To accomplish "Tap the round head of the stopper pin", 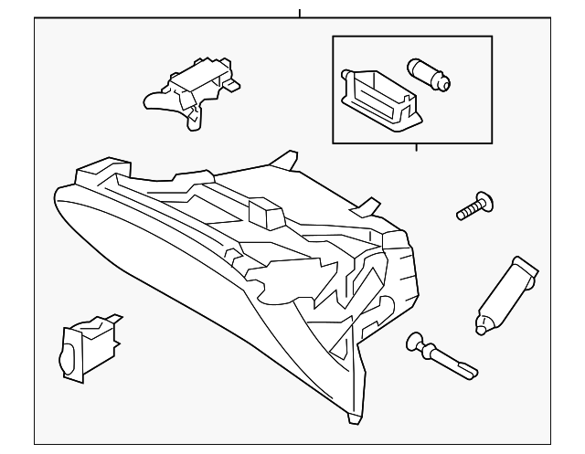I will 417,343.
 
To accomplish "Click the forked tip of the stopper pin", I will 467,369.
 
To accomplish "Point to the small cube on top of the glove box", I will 266,213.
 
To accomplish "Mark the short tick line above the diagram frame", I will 299,13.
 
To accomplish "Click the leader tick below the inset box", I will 416,147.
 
